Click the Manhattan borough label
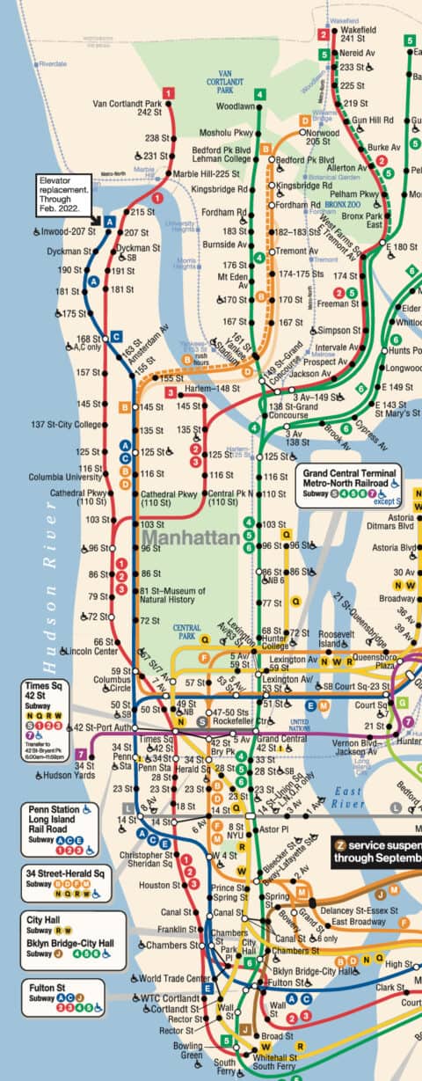point(191,537)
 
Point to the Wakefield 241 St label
point(353,33)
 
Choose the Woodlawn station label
point(235,106)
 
